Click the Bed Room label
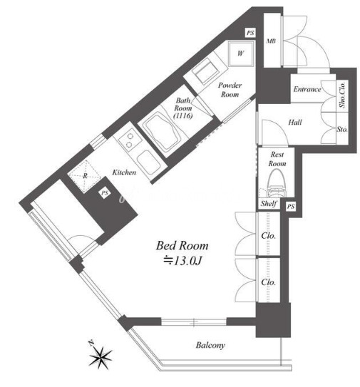pos(182,246)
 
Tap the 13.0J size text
pos(183,261)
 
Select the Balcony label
pos(210,345)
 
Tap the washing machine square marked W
pos(241,53)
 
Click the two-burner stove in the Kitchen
pos(130,140)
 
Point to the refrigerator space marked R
pos(85,176)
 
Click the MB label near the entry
pos(271,41)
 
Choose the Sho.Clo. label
pos(342,95)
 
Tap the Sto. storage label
pos(342,129)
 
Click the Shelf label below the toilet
pos(269,204)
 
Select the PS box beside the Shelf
pos(291,207)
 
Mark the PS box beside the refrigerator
pos(105,193)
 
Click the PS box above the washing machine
pos(250,33)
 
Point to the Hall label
pos(295,122)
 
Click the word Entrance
pos(307,89)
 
